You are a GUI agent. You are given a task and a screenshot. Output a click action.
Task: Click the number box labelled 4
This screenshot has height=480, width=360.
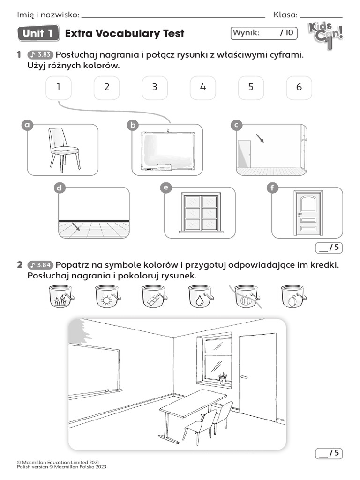point(202,88)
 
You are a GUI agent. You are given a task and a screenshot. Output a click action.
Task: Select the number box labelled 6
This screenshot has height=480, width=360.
point(299,88)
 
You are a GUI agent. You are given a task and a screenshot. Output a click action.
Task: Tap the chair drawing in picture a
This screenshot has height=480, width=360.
point(64,148)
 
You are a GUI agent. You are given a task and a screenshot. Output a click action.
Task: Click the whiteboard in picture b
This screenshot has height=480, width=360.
point(167,152)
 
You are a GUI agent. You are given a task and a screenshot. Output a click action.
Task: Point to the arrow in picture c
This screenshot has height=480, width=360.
point(259,138)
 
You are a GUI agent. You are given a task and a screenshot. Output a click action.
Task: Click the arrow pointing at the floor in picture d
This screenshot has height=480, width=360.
point(75,227)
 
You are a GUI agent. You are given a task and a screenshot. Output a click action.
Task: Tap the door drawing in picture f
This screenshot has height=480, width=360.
point(307,213)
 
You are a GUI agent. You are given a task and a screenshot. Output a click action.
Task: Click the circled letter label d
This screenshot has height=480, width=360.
point(59,188)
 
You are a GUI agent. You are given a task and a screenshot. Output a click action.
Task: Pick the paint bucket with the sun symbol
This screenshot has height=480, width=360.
point(108,297)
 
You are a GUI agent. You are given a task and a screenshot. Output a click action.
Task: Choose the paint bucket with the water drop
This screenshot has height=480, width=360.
point(201,297)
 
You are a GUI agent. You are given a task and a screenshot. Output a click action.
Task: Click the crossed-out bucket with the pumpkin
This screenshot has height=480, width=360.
point(247,297)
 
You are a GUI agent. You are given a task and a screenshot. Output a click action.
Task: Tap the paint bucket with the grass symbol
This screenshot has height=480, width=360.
point(61,297)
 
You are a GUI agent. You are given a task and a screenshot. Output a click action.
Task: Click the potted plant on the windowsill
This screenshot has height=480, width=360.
point(223,378)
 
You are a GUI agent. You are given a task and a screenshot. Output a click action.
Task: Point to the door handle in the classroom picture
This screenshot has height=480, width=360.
point(243,377)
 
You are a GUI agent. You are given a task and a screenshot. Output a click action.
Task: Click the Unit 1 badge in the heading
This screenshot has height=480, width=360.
point(38,33)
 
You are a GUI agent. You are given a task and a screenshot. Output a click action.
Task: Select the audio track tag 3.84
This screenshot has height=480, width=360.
point(41,265)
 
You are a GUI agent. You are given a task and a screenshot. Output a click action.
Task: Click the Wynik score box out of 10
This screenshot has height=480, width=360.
point(264,33)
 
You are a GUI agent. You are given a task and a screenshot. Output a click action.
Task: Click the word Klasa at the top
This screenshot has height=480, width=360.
point(285,15)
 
